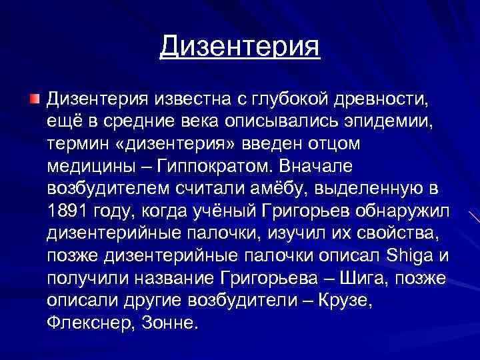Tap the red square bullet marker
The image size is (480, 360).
[x=34, y=99]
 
